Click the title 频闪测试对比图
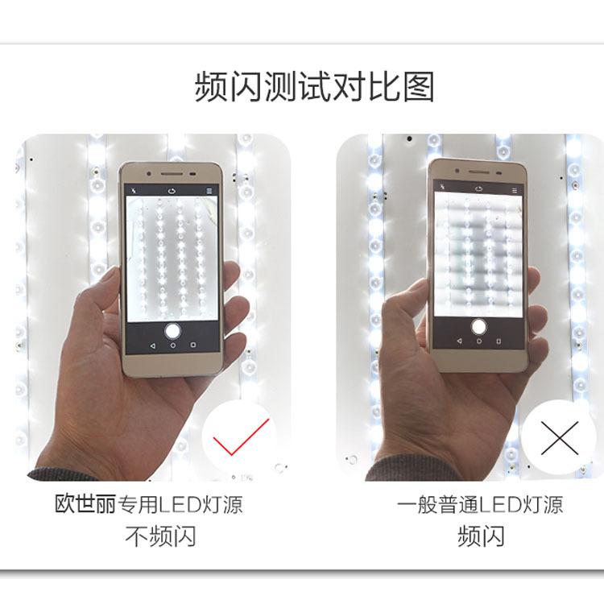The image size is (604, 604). coord(314,86)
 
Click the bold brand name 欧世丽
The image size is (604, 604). coord(84,505)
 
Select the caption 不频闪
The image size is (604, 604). coord(160,536)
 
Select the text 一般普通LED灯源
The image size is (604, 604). coord(480,505)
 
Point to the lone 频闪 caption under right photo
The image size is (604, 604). coord(480,536)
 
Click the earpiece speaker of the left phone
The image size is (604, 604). coord(172,172)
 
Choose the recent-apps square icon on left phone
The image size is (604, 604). coord(193,344)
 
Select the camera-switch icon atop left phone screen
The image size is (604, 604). coord(172,191)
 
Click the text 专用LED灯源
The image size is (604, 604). coord(180,505)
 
